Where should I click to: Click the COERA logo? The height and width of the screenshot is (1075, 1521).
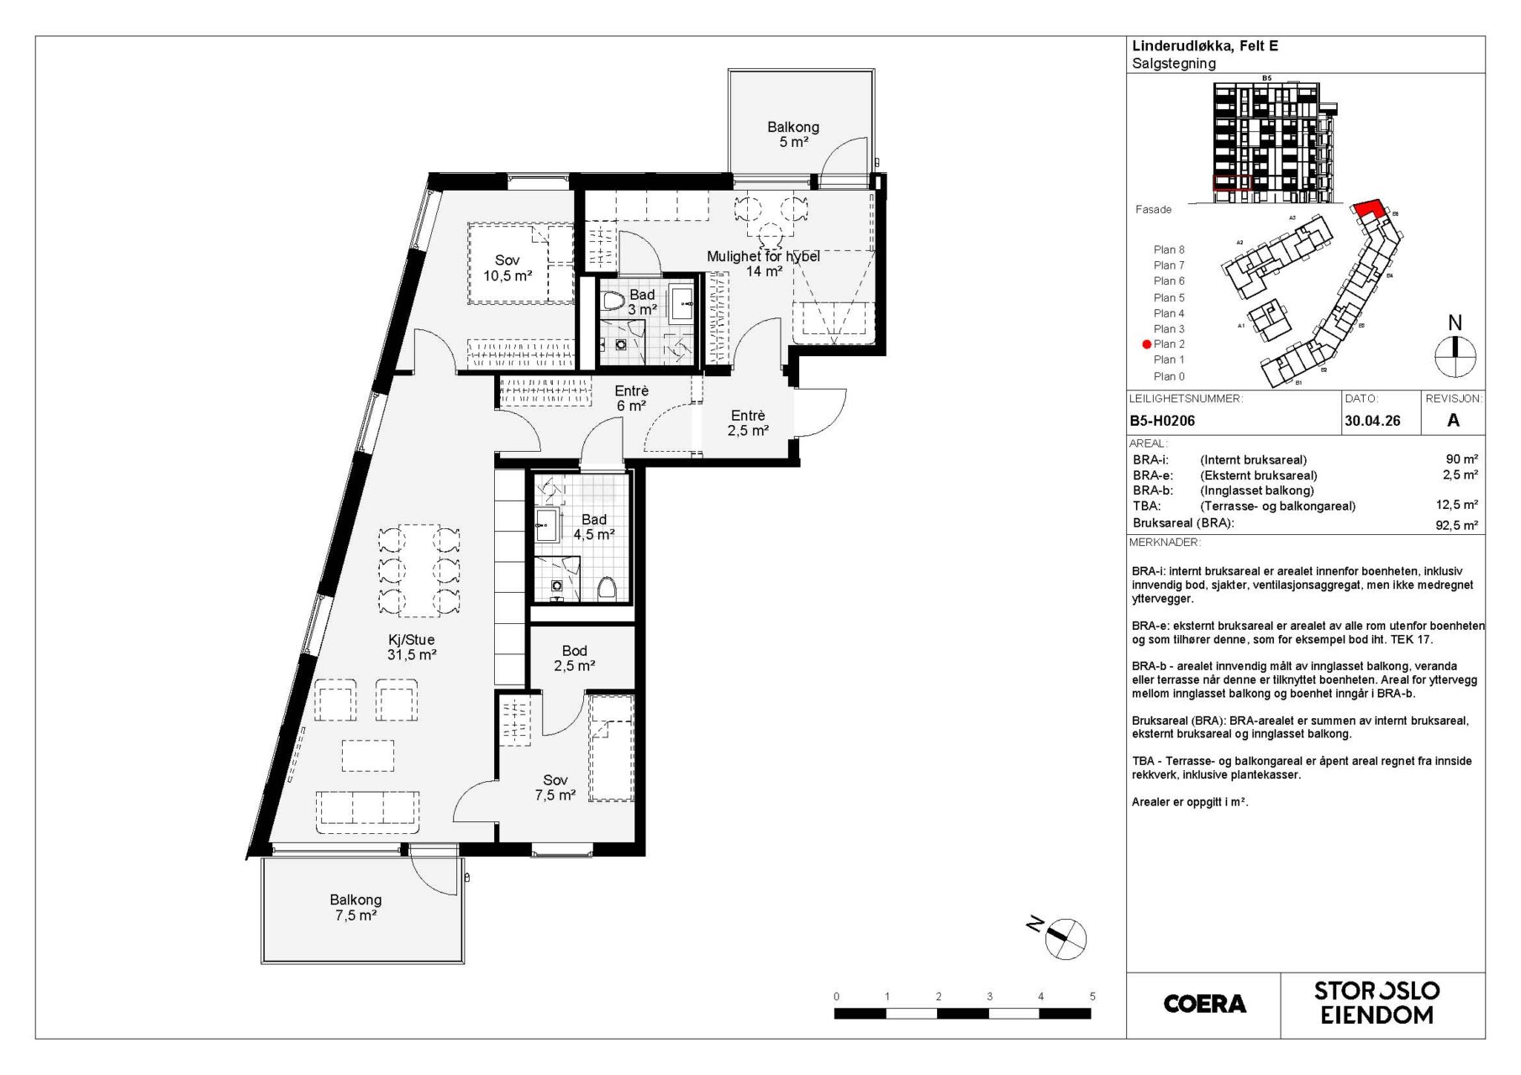[x=1204, y=1004]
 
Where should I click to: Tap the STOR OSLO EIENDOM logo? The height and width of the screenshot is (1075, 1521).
[x=1376, y=1003]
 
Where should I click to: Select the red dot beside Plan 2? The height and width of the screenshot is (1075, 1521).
[x=1146, y=344]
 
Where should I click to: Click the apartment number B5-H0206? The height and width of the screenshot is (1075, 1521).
[x=1162, y=421]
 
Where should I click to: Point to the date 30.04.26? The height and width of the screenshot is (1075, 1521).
[x=1372, y=421]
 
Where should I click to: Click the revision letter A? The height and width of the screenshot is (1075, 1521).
[x=1453, y=421]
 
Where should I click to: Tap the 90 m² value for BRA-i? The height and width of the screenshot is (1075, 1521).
[x=1461, y=459]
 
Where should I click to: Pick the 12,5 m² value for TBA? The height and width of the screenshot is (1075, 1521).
[x=1457, y=505]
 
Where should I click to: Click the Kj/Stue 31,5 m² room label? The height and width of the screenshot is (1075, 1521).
[x=412, y=647]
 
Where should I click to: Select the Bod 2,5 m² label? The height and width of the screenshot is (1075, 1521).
[x=575, y=658]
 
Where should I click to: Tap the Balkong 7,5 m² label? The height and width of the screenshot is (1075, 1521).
[x=355, y=907]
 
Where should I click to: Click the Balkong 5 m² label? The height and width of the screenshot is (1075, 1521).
[x=793, y=134]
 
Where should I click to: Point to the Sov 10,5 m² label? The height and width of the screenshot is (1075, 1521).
[x=508, y=268]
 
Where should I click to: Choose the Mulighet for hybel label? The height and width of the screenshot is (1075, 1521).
[x=763, y=257]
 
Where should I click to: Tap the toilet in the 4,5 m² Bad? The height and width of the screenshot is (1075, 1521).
[x=607, y=588]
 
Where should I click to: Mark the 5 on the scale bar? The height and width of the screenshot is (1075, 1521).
[x=1092, y=996]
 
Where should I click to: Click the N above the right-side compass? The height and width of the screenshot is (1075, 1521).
[x=1455, y=323]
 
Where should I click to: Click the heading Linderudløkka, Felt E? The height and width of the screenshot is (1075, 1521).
[x=1205, y=46]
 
